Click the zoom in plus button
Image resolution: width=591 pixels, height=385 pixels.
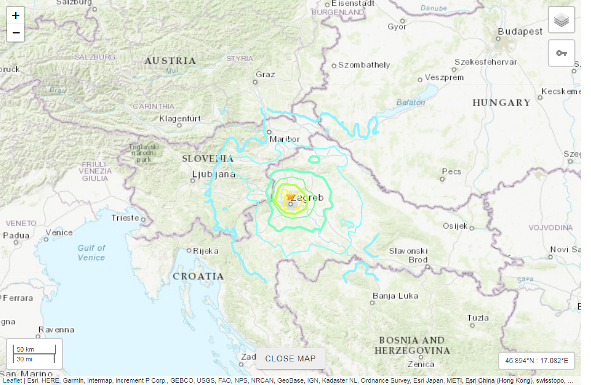coord(16,16)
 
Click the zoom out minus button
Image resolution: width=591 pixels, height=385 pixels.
coord(16,33)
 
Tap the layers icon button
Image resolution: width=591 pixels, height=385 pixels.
coord(561,21)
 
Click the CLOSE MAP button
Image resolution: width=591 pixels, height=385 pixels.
coord(290,358)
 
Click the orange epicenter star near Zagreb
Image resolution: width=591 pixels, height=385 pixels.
coord(290,197)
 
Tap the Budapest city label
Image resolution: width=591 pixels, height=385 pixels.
coord(521,32)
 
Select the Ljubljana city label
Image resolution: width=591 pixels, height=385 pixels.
coord(214,174)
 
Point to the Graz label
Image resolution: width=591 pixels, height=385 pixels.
coord(265,74)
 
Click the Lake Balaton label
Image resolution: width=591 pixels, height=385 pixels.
coord(410,103)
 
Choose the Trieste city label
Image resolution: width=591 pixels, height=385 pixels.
coord(125,218)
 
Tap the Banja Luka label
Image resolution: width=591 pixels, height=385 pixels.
coord(395,296)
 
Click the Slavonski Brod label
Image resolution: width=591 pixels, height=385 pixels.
coord(409,255)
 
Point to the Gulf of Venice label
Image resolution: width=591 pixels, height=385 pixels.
coord(91,252)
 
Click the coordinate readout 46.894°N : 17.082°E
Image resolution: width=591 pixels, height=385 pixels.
coord(537,361)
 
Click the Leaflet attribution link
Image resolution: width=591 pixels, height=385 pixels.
coord(12,381)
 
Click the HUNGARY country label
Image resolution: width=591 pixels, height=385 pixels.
coord(501,103)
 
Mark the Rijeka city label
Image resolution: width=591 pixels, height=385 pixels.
coord(205,251)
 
